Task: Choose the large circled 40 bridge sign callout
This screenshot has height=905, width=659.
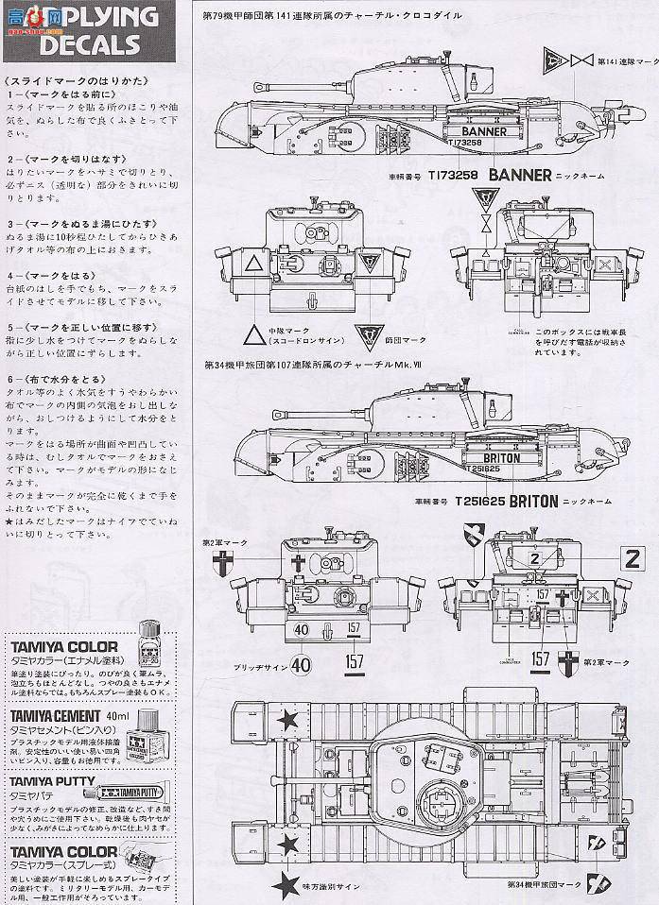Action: (301, 663)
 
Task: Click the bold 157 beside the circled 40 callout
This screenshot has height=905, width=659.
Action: (355, 663)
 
